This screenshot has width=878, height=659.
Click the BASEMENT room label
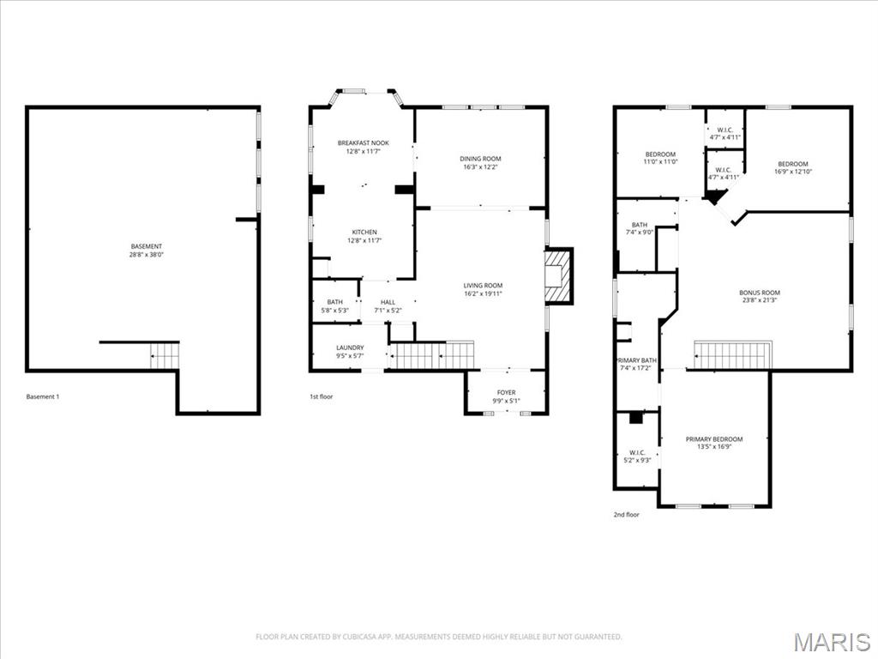pos(147,246)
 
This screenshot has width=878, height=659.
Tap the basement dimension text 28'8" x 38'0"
pos(147,255)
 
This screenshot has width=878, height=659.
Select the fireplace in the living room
pos(558,275)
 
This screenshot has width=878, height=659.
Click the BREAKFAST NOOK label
pos(363,142)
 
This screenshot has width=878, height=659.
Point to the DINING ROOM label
pos(480,159)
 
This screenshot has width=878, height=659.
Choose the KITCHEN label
pos(364,233)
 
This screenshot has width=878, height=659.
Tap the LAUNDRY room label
pos(349,348)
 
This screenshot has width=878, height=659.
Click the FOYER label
pos(506,392)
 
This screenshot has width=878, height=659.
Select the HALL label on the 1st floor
pos(388,302)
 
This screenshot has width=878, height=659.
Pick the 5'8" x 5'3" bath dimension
pos(335,311)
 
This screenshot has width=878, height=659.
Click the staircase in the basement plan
pos(164,355)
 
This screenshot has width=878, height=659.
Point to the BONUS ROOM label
pos(760,293)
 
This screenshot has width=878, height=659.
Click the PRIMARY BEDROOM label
pos(714,439)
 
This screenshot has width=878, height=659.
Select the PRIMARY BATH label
pos(636,360)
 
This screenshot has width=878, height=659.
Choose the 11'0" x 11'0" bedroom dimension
pos(660,162)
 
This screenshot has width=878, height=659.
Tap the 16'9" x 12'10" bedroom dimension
pos(792,172)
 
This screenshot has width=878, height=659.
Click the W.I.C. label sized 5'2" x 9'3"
pos(636,452)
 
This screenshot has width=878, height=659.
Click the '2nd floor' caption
pos(626,515)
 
